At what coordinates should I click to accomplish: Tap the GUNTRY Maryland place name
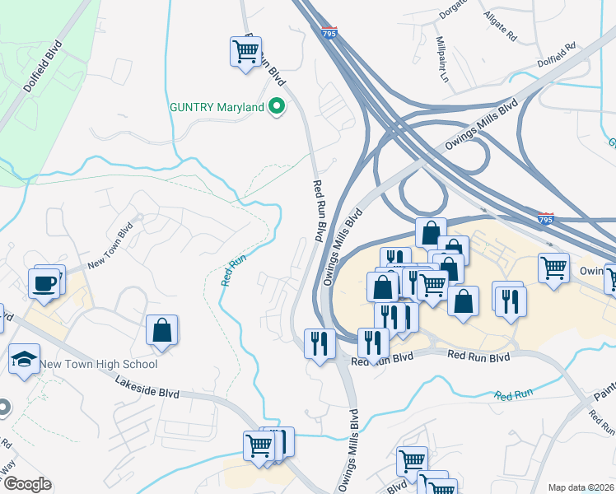[217, 107]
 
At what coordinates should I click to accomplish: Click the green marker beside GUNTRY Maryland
[278, 106]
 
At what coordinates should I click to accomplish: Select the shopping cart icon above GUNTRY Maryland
[245, 52]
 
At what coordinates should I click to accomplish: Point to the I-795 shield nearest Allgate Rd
[329, 32]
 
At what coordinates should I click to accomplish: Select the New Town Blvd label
[110, 247]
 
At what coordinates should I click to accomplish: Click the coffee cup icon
[45, 284]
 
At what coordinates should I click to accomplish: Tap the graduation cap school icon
[24, 359]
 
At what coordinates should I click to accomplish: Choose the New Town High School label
[98, 364]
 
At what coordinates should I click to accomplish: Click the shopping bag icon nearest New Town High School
[162, 331]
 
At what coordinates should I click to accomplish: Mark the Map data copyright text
[581, 487]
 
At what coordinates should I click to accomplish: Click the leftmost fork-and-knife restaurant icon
[319, 343]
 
